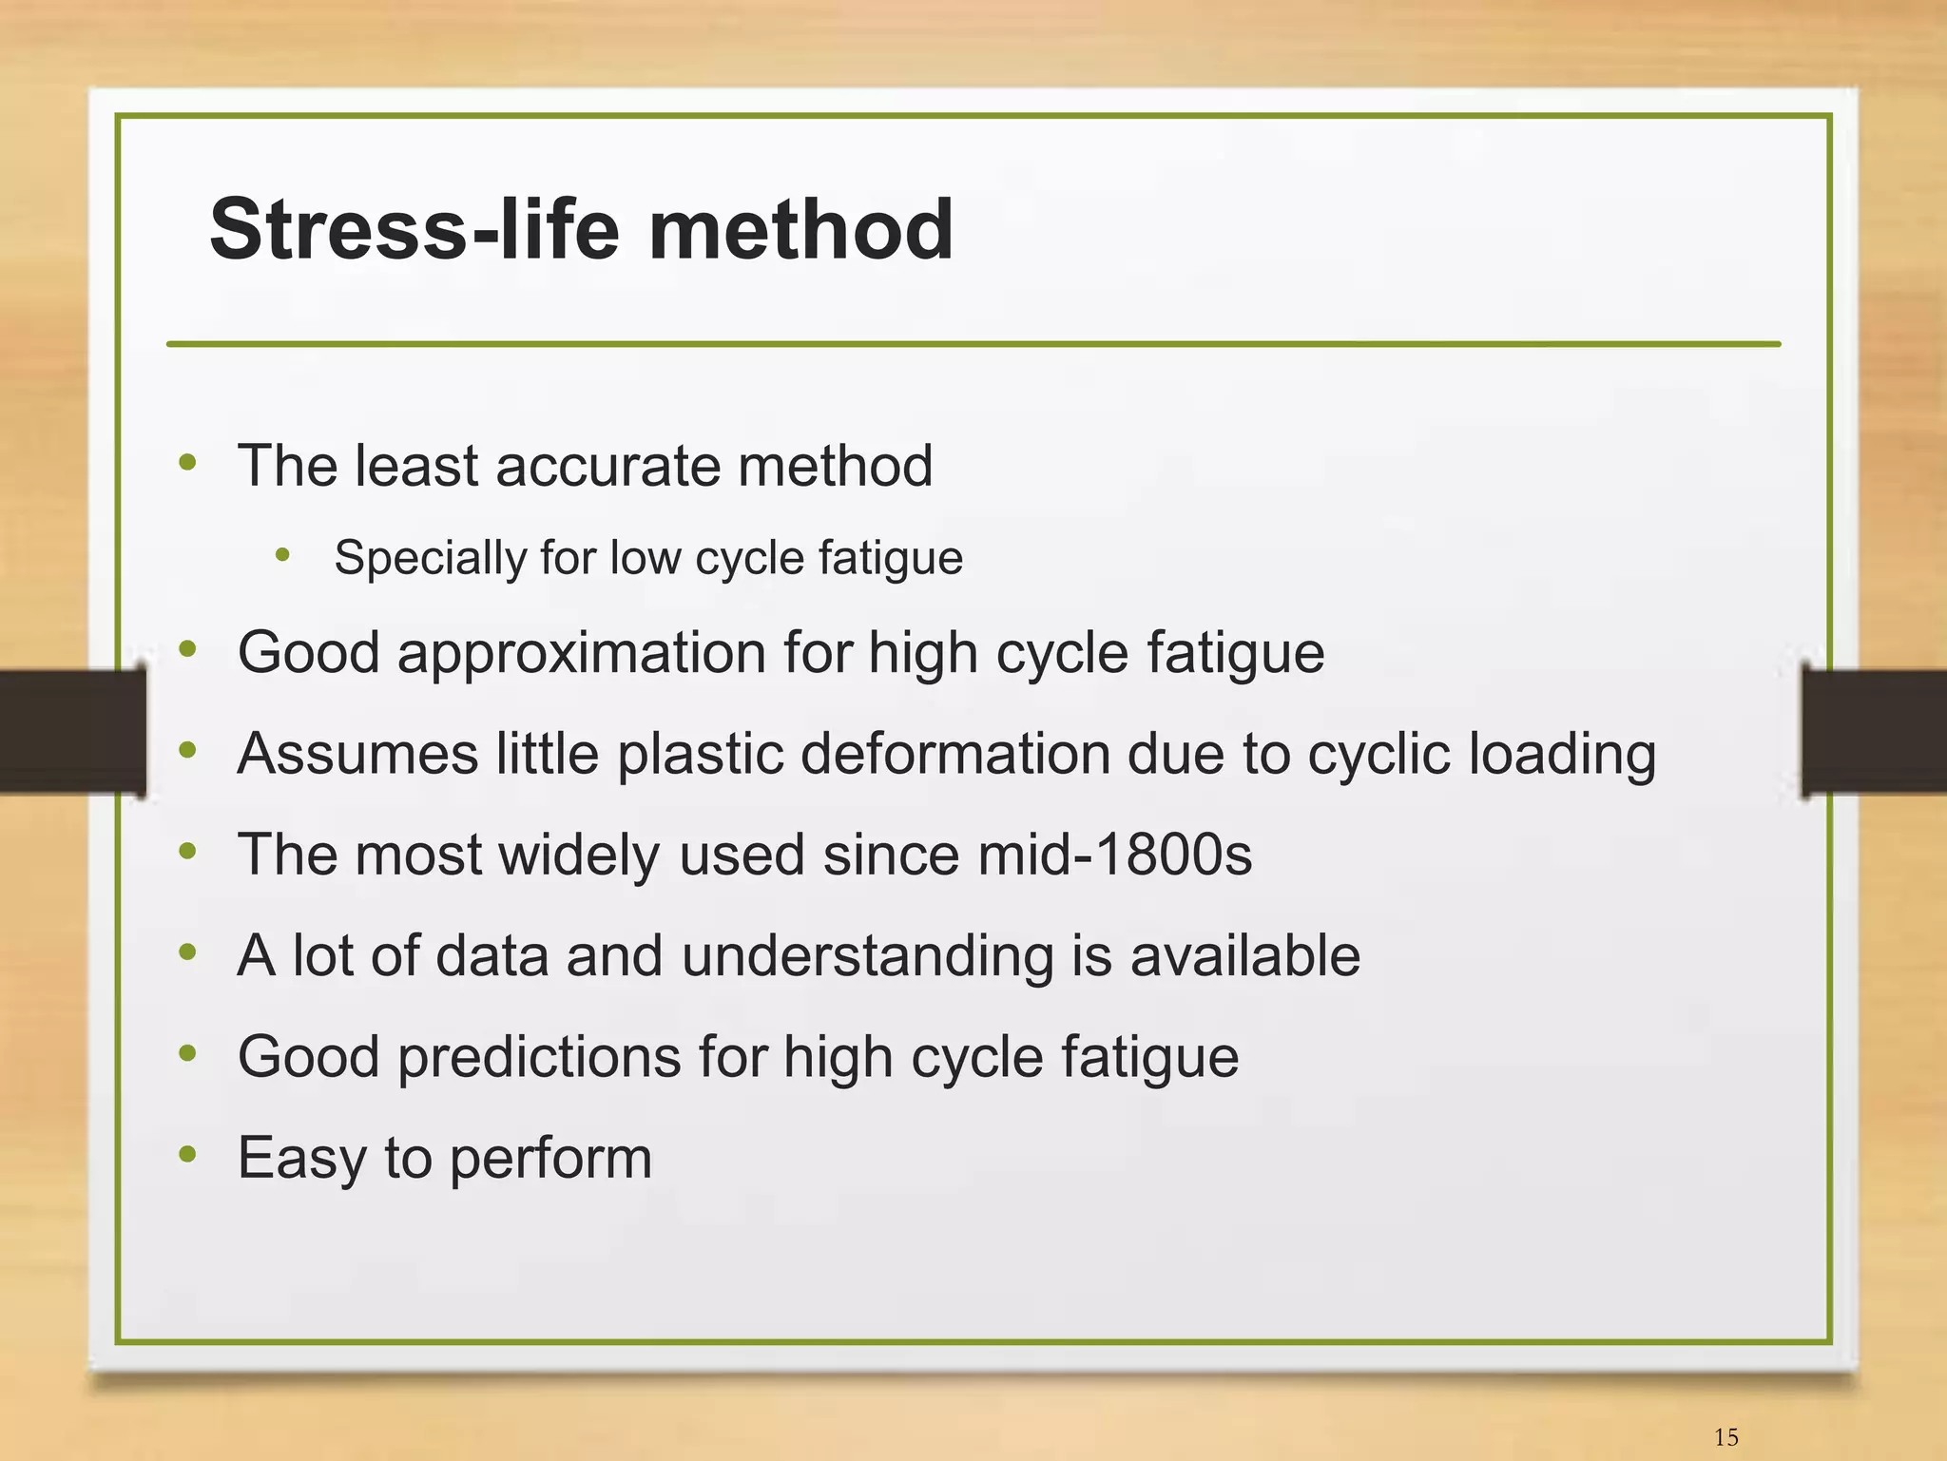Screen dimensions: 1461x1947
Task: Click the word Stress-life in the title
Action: click(414, 229)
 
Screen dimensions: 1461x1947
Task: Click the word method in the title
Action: click(800, 229)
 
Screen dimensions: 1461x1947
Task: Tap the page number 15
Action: click(1725, 1436)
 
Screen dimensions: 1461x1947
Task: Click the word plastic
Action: click(700, 754)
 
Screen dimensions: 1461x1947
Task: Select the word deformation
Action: click(954, 754)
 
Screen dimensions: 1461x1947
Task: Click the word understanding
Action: click(867, 955)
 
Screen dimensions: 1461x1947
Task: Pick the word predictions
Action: click(538, 1057)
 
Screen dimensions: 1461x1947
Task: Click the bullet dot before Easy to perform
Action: click(188, 1155)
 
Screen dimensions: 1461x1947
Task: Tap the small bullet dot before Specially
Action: click(281, 555)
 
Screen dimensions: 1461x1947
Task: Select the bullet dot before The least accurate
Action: click(188, 463)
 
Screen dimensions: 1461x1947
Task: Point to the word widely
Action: click(579, 855)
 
